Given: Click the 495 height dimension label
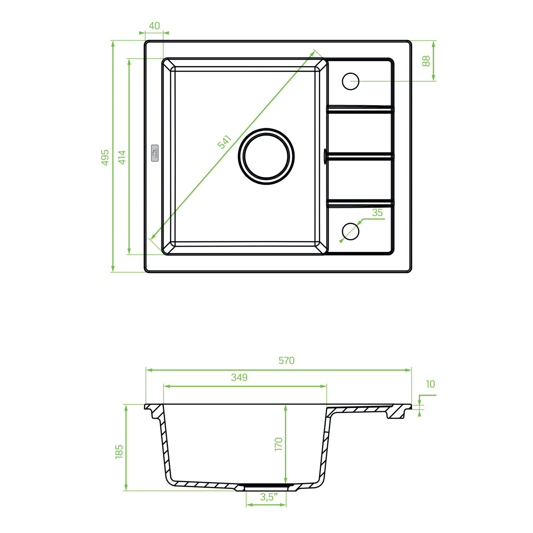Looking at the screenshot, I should pos(105,157).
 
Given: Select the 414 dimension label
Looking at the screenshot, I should pos(122,157).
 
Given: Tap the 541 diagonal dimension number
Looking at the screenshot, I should pos(225,142).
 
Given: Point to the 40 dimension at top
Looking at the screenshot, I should pos(154,26).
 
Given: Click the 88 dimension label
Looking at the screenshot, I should pos(426,61).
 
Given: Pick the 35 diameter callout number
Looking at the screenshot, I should pos(377,213).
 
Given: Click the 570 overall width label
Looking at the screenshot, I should pos(286,361).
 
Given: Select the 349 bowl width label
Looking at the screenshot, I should pos(239,377).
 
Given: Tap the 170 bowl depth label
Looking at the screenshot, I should pos(279,444).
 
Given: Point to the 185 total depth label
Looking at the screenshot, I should pos(119,452).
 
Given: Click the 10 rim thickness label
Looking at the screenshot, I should pos(430,384).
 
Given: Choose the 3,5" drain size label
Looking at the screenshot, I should pos(269,497).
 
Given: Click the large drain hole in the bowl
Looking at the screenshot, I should pos(266,156).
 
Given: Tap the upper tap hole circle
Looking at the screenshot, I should pos(351,81).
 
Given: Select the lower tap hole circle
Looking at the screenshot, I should pos(351,231).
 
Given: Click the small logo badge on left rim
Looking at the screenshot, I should pos(155,153).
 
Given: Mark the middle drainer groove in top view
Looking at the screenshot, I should pos(360,156).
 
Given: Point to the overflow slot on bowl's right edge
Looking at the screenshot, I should pos(325,156).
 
